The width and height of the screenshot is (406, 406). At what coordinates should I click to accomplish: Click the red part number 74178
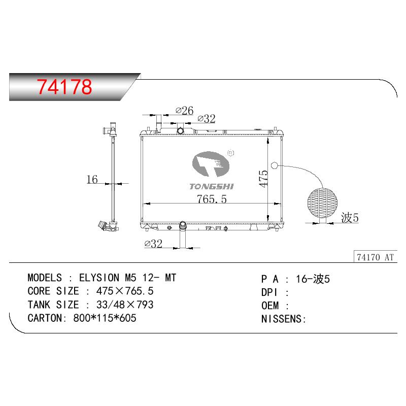click(x=64, y=87)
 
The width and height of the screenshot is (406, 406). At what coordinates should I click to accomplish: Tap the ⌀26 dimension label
click(x=184, y=111)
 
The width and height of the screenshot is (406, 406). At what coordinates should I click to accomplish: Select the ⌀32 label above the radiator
click(x=207, y=119)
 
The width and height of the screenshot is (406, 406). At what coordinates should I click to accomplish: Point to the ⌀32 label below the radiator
click(x=153, y=244)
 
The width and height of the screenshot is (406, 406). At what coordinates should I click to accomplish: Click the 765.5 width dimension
click(x=212, y=199)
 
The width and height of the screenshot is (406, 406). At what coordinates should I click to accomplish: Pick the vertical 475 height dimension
click(x=263, y=179)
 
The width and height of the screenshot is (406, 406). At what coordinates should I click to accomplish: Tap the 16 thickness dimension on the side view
click(x=92, y=180)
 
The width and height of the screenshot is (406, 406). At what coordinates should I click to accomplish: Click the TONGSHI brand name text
click(x=211, y=186)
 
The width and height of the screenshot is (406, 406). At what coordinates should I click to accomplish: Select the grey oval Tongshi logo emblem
click(x=211, y=164)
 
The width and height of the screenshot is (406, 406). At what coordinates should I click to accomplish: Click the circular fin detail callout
click(x=322, y=203)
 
